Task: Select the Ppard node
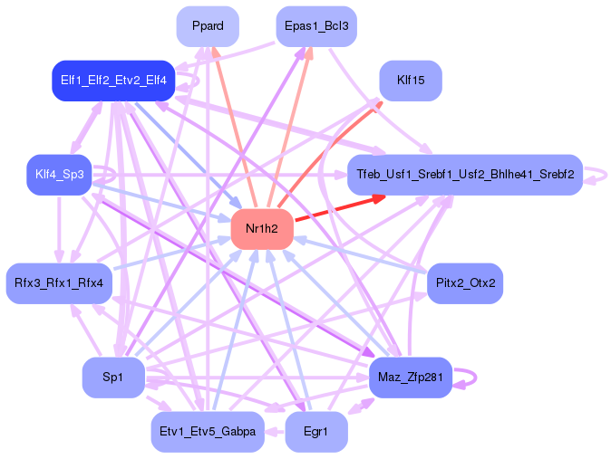tap(208, 25)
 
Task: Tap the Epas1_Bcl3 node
tap(315, 25)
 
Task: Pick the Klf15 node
tap(411, 81)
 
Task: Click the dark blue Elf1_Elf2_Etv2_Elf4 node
tap(113, 81)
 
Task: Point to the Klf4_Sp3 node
tap(59, 175)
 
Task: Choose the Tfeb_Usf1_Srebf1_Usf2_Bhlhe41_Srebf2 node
tap(465, 175)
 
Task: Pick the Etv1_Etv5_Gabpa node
tap(208, 432)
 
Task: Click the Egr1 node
tap(315, 432)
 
